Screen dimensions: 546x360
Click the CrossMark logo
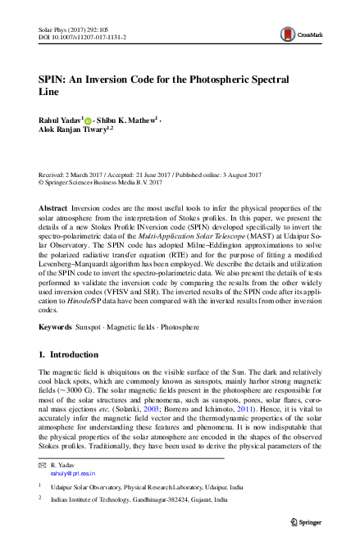(x=298, y=34)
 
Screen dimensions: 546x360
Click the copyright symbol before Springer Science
(x=42, y=184)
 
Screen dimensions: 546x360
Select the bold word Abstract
(x=53, y=210)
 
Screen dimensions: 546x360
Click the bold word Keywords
(x=56, y=326)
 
